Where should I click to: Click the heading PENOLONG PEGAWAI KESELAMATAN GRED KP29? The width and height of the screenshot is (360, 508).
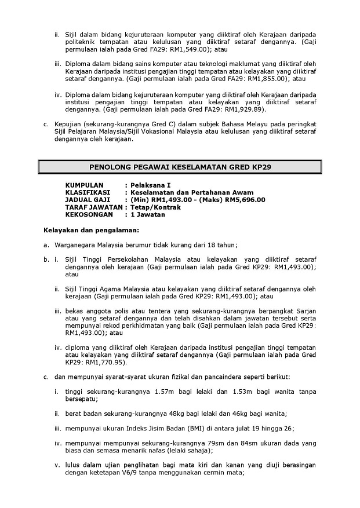coord(180,167)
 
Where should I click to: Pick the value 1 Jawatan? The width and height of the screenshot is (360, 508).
coord(147,215)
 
